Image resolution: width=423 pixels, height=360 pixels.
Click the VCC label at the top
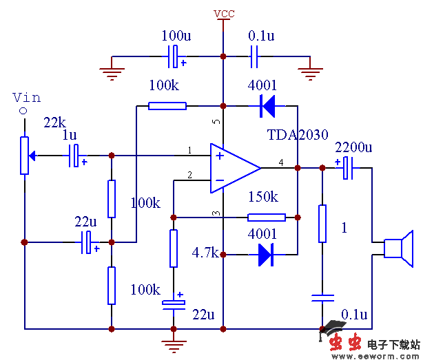pyautogui.click(x=223, y=14)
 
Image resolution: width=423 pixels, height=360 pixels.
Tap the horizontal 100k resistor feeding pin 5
pyautogui.click(x=167, y=106)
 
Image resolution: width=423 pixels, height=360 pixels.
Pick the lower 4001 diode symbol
pyautogui.click(x=267, y=255)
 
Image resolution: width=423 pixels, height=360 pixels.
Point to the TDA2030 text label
pyautogui.click(x=298, y=135)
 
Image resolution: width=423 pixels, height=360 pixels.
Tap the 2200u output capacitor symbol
pyautogui.click(x=347, y=167)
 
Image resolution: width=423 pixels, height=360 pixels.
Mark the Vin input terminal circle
pyautogui.click(x=23, y=111)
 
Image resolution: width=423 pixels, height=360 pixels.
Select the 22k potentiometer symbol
pyautogui.click(x=24, y=155)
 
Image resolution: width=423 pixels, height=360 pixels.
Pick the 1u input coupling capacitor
pyautogui.click(x=76, y=156)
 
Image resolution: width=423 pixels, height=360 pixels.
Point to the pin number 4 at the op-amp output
pyautogui.click(x=280, y=162)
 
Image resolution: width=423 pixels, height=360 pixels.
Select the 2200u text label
pyautogui.click(x=353, y=147)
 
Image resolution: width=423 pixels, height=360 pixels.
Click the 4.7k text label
pyautogui.click(x=205, y=253)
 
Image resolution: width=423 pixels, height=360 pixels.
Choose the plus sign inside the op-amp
pyautogui.click(x=220, y=156)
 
